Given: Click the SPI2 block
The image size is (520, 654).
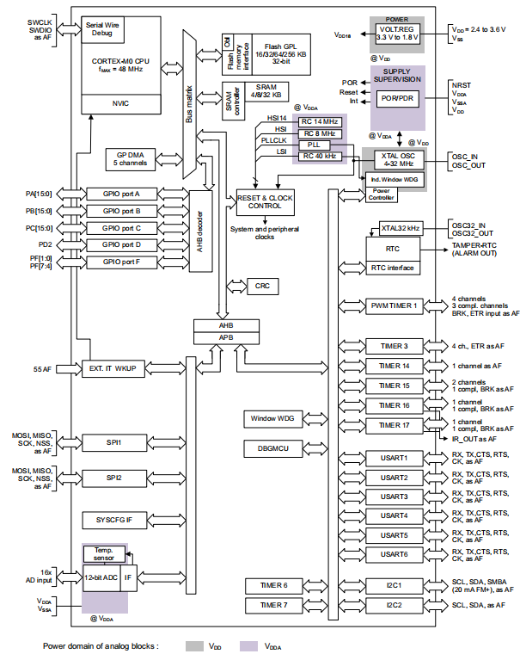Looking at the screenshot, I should [114, 477].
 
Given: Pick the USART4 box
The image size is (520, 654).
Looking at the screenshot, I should [394, 516].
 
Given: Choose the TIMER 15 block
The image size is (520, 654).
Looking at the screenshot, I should [394, 385].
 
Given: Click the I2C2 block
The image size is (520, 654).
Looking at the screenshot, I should [394, 606].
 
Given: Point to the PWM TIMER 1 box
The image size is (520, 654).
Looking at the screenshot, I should [394, 305].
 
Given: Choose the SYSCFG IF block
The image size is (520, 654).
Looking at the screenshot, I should [114, 520].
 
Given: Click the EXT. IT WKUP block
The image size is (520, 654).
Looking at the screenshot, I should [114, 368].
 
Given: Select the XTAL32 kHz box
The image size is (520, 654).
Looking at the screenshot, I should [401, 228].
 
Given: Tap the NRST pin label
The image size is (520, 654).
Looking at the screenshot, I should [461, 85].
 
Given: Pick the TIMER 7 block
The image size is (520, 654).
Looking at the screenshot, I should [268, 606].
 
